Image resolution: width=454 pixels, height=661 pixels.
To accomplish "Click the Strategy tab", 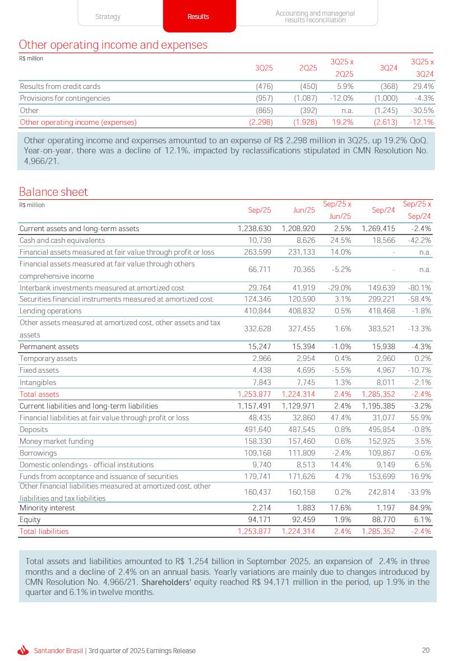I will click(x=108, y=17).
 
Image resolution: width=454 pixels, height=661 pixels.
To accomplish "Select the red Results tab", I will click(x=198, y=17).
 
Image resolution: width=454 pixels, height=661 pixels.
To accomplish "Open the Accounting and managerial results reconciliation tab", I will click(x=315, y=17).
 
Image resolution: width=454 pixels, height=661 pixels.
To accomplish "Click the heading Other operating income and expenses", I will click(x=113, y=45).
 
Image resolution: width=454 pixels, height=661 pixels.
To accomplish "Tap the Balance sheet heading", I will click(x=54, y=192).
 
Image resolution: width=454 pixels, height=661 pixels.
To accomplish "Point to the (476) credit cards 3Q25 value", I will click(x=264, y=87).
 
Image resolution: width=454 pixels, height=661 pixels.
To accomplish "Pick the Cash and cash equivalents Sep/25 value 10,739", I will click(x=260, y=241).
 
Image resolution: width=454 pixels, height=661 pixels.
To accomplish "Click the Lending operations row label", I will click(x=50, y=311).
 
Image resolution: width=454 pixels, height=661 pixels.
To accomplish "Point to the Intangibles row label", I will click(x=38, y=383).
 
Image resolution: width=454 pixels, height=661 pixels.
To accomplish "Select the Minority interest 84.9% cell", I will click(x=421, y=508).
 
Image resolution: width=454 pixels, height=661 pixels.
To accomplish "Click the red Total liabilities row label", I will click(x=44, y=532).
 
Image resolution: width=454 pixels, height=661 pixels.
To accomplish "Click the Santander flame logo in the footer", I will click(x=23, y=650).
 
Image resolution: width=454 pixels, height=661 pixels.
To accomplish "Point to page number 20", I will click(x=426, y=650).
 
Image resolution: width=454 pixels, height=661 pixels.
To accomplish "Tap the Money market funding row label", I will click(x=57, y=442).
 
